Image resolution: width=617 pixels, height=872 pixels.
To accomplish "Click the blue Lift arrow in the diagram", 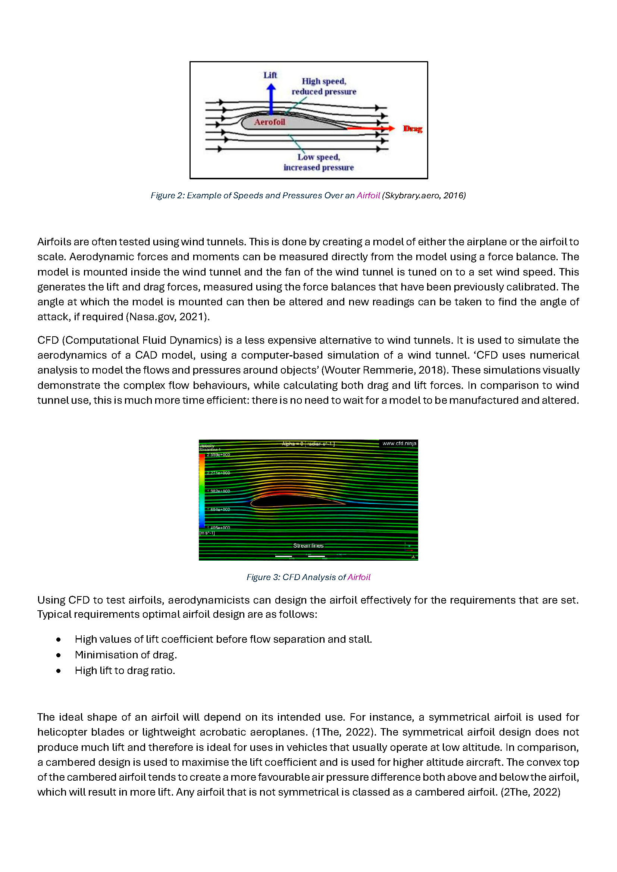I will click(271, 100).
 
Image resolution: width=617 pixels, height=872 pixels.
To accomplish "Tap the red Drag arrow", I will click(370, 128).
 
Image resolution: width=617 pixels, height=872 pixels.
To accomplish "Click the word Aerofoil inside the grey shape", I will click(269, 122).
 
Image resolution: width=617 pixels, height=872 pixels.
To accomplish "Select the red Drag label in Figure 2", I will click(413, 129).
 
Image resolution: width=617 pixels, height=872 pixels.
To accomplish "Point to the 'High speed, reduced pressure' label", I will click(324, 86).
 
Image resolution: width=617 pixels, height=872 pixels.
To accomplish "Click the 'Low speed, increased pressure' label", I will click(318, 162).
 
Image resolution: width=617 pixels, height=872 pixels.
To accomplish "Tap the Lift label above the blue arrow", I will click(270, 75).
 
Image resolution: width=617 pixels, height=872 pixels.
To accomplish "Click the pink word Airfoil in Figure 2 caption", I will click(368, 196).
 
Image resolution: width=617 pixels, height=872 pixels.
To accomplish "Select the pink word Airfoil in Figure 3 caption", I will click(358, 577).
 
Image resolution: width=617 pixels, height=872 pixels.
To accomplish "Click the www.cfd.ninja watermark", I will click(399, 443).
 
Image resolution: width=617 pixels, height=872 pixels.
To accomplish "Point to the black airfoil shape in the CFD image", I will click(289, 501).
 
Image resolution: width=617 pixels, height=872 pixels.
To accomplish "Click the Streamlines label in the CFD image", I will click(308, 545).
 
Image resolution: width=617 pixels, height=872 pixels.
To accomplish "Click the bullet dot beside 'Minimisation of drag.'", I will click(58, 655).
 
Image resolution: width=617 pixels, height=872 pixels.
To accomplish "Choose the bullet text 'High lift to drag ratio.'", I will click(125, 671).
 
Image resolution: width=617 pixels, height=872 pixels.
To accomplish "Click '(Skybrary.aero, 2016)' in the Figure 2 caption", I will click(424, 196).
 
